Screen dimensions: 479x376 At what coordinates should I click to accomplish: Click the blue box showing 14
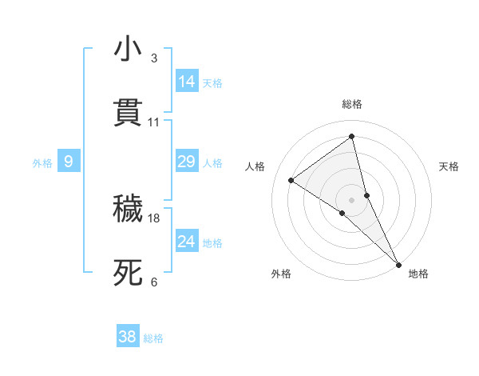click(187, 81)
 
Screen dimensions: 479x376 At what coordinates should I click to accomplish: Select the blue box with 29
click(186, 162)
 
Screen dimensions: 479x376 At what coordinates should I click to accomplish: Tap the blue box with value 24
click(186, 241)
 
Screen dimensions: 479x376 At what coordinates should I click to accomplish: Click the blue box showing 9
click(69, 162)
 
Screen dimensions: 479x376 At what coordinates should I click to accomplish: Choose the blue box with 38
click(127, 337)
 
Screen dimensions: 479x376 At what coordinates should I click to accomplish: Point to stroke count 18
click(155, 218)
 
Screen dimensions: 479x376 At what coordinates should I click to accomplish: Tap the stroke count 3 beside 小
click(154, 58)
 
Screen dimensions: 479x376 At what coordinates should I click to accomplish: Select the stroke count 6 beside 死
click(154, 282)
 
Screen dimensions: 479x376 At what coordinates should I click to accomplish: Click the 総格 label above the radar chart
click(352, 104)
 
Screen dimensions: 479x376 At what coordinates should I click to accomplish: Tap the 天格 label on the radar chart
click(449, 166)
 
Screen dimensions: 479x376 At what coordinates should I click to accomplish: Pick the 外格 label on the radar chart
click(281, 274)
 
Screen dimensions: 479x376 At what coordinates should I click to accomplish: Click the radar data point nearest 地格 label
click(398, 264)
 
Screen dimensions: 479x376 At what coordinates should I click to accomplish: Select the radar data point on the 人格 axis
click(291, 180)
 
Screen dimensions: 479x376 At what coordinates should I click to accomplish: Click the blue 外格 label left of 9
click(42, 162)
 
